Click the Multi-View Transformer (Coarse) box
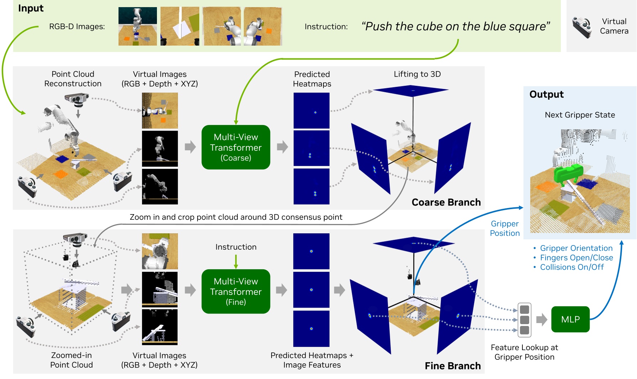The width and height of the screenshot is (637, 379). tap(236, 147)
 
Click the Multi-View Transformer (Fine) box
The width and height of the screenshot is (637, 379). tap(236, 291)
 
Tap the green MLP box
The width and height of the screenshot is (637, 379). tap(570, 319)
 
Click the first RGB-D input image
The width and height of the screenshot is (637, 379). tap(137, 26)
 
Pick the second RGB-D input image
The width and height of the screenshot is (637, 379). tap(180, 26)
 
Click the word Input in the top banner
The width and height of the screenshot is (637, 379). tap(31, 8)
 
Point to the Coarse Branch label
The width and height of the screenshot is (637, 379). tap(446, 202)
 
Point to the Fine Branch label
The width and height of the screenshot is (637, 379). tap(452, 366)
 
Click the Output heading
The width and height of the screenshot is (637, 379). tap(546, 94)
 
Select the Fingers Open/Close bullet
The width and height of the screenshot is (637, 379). tap(576, 258)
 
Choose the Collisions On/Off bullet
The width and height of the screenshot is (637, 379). tap(572, 267)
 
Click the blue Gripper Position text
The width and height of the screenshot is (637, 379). tap(505, 228)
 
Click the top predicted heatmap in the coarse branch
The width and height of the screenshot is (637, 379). tap(311, 110)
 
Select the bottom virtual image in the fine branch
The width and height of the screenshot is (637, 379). tap(159, 327)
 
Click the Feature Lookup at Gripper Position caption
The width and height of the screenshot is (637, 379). tap(524, 352)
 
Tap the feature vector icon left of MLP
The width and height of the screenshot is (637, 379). tap(524, 320)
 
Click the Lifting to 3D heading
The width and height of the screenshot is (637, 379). tap(417, 74)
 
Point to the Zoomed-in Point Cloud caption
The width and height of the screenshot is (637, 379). tap(72, 360)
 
